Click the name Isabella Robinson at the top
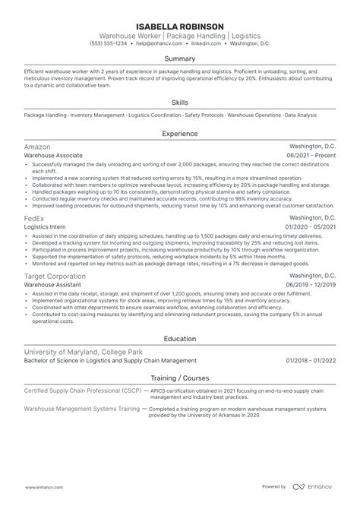click(180, 25)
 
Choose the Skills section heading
click(180, 101)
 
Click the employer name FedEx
click(35, 217)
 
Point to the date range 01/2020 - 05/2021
click(311, 227)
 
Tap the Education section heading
click(180, 339)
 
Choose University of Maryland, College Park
click(82, 352)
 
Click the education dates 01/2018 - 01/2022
click(311, 362)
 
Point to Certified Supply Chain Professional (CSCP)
click(80, 390)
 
